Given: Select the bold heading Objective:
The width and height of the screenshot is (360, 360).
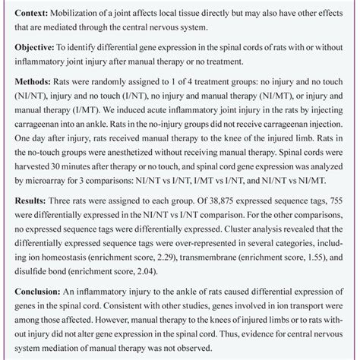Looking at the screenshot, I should tap(33, 47).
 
